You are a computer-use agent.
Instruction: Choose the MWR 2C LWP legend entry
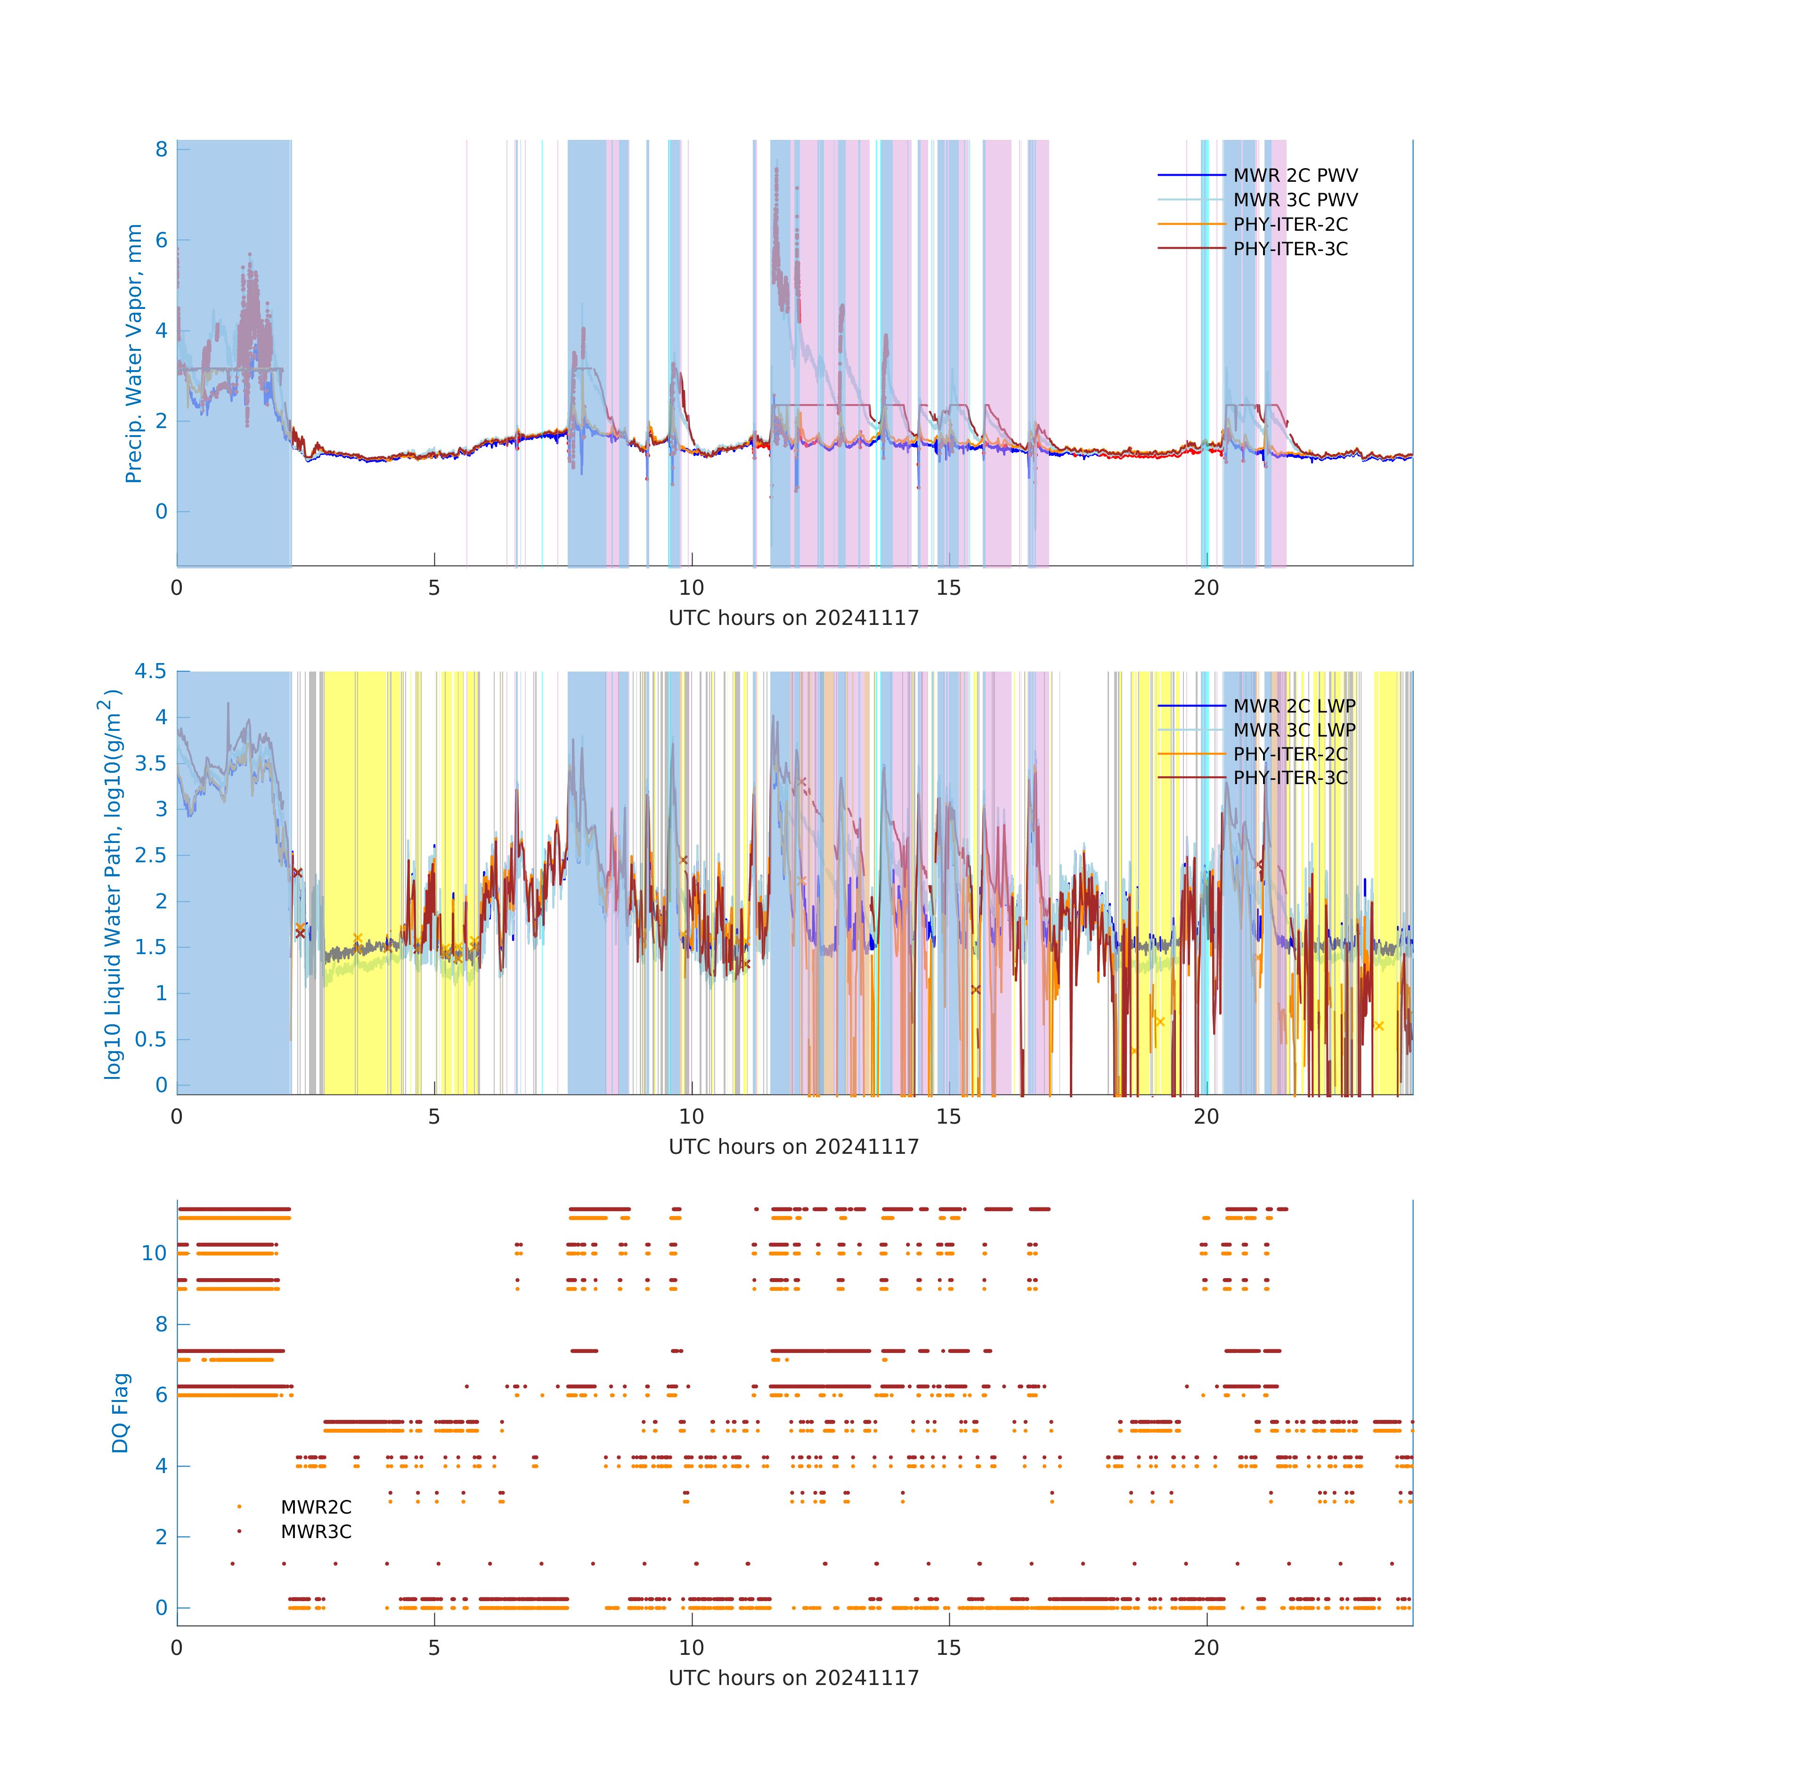pyautogui.click(x=1294, y=706)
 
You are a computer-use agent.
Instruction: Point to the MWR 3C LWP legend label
pyautogui.click(x=1294, y=730)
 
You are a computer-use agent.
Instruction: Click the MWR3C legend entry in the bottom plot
pyautogui.click(x=316, y=1531)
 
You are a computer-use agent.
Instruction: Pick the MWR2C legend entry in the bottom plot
pyautogui.click(x=316, y=1507)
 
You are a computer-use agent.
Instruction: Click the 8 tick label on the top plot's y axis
pyautogui.click(x=162, y=149)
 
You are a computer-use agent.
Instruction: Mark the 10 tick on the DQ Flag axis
pyautogui.click(x=154, y=1253)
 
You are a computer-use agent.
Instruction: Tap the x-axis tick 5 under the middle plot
pyautogui.click(x=434, y=1117)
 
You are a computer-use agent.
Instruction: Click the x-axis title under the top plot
pyautogui.click(x=793, y=618)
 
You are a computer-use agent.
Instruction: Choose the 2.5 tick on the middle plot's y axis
pyautogui.click(x=150, y=855)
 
